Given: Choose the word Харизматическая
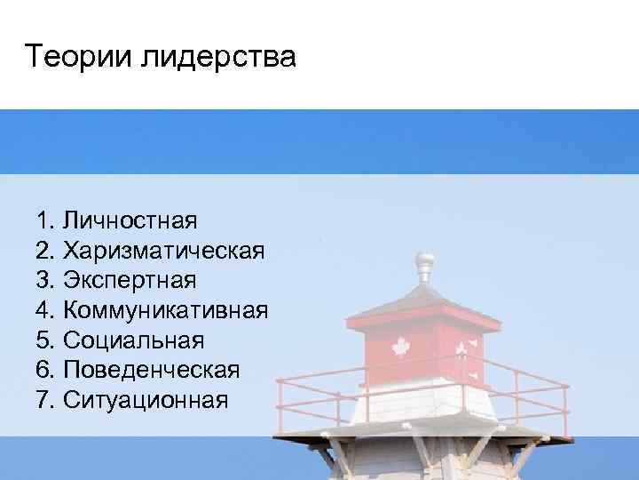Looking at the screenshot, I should pos(164,250).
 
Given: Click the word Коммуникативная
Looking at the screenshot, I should pos(167,310).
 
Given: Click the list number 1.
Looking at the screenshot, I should pos(46,220).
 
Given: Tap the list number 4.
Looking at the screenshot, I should pos(46,310).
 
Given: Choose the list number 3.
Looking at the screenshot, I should pos(46,280).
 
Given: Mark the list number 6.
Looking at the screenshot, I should pos(46,371).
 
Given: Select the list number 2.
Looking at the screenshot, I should pos(46,250).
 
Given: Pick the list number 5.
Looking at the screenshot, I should pos(46,340).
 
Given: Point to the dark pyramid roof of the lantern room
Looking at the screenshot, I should pos(424,298).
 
